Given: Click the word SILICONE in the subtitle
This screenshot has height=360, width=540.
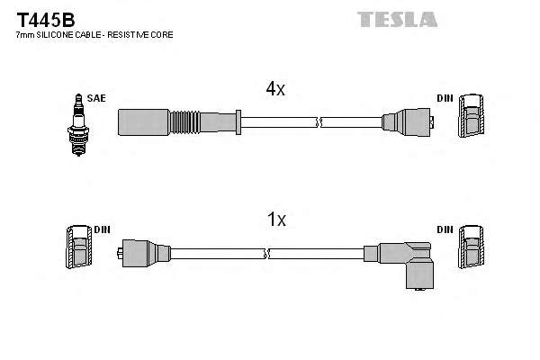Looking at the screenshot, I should [x=53, y=34].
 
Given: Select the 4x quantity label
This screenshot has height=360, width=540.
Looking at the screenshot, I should [x=274, y=89].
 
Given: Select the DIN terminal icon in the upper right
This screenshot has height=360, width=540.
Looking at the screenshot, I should [x=471, y=118].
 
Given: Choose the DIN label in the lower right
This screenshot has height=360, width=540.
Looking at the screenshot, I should [x=445, y=229].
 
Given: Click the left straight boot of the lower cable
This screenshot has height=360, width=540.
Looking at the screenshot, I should [x=142, y=253].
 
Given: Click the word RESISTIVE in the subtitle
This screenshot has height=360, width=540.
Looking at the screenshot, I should [x=139, y=34].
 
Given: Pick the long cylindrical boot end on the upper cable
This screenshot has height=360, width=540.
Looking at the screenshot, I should [x=139, y=120].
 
